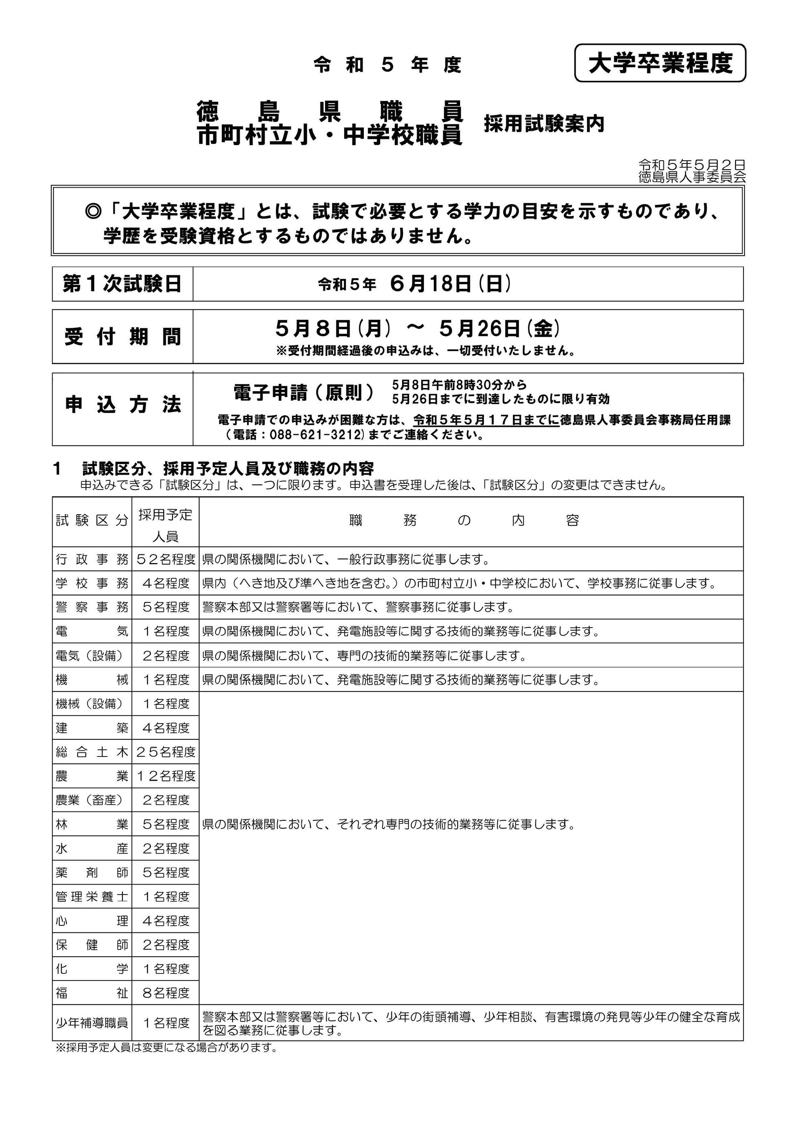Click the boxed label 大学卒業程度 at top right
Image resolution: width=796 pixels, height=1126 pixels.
tap(660, 63)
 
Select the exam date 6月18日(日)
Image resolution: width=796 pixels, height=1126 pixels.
tap(451, 284)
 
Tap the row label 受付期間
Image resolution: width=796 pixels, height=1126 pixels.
tap(123, 337)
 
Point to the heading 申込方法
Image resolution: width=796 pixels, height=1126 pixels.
tap(123, 405)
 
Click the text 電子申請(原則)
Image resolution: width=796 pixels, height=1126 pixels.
tap(303, 393)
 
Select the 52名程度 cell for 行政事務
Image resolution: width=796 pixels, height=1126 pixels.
tap(165, 559)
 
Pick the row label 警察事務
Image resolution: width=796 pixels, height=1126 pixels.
tap(92, 607)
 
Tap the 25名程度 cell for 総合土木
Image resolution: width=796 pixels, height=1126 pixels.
tap(165, 752)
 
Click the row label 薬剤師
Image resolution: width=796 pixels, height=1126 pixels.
tap(92, 872)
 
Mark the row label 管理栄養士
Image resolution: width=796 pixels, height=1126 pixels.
tap(92, 897)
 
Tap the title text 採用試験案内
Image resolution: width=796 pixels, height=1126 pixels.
tap(543, 123)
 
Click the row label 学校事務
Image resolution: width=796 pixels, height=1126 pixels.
tap(92, 583)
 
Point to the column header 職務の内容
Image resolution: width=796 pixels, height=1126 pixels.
tap(464, 520)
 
